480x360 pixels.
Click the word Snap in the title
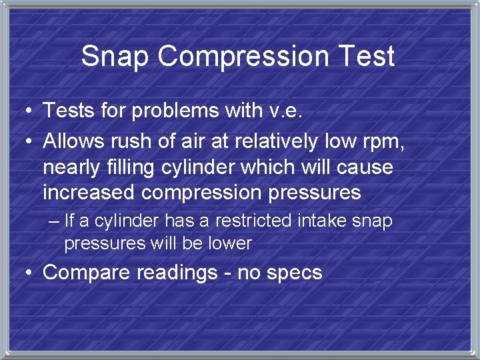click(x=114, y=57)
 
